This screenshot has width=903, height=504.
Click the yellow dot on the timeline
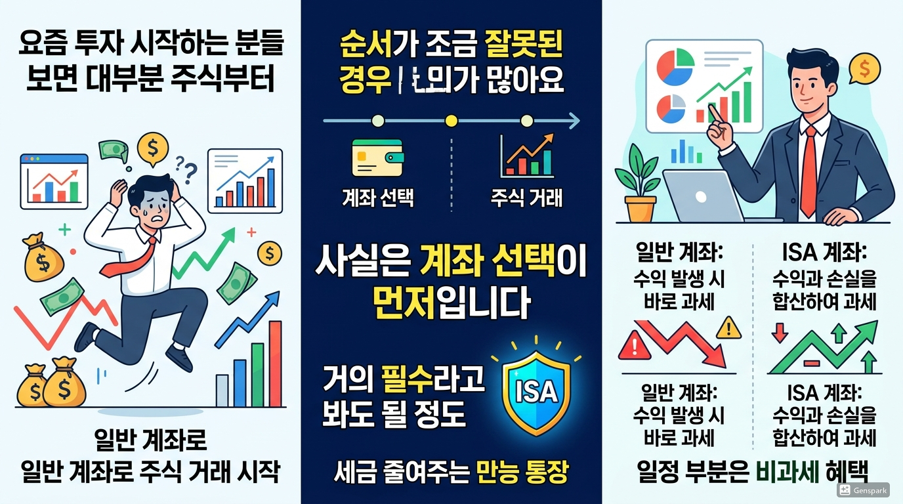pos(450,121)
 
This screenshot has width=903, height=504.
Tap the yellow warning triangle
pos(729,327)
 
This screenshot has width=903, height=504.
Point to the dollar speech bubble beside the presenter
pos(864,68)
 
